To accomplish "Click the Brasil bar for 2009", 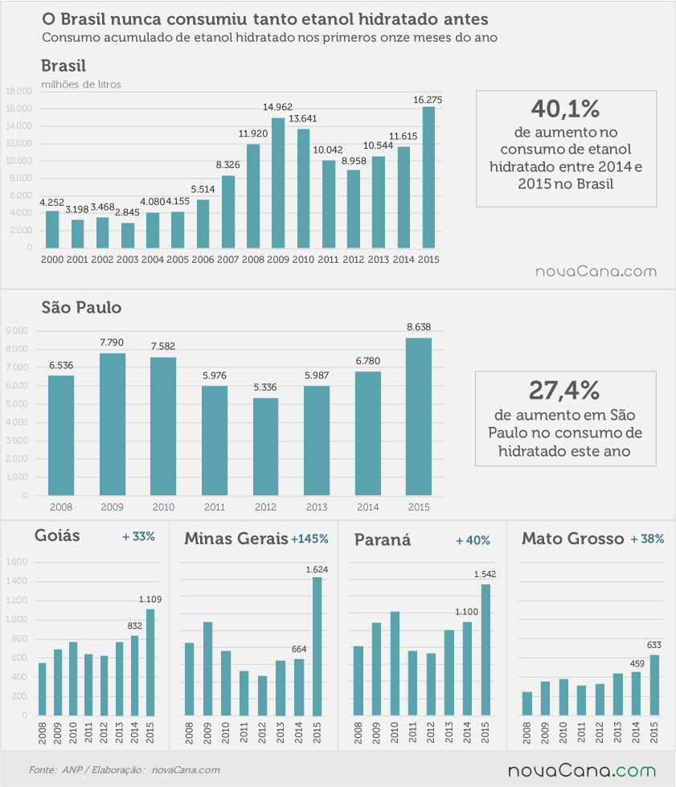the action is click(x=278, y=183).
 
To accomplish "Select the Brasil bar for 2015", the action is click(x=428, y=178).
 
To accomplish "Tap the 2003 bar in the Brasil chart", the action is click(x=128, y=236).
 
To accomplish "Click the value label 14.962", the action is click(x=277, y=107).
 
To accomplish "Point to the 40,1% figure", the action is click(x=566, y=109).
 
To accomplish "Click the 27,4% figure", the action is click(x=564, y=390).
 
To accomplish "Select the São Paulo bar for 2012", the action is click(x=265, y=447).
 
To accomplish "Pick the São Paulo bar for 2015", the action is click(x=419, y=416).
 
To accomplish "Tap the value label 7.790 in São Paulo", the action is click(x=112, y=342).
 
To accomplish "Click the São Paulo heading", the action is click(x=81, y=307).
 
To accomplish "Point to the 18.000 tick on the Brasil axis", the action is click(x=18, y=91).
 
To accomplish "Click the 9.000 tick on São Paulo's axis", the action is click(x=17, y=330).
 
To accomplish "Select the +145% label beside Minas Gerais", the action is click(x=309, y=539).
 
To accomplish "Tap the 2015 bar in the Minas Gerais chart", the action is click(x=318, y=646).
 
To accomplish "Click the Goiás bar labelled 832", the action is click(x=134, y=675).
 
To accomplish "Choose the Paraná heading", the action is click(x=383, y=539).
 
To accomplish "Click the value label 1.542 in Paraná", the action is click(x=485, y=574).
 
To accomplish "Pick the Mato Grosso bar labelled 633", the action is click(x=654, y=685).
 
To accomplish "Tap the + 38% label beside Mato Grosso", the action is click(x=647, y=539).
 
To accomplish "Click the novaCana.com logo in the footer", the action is click(x=582, y=770).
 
